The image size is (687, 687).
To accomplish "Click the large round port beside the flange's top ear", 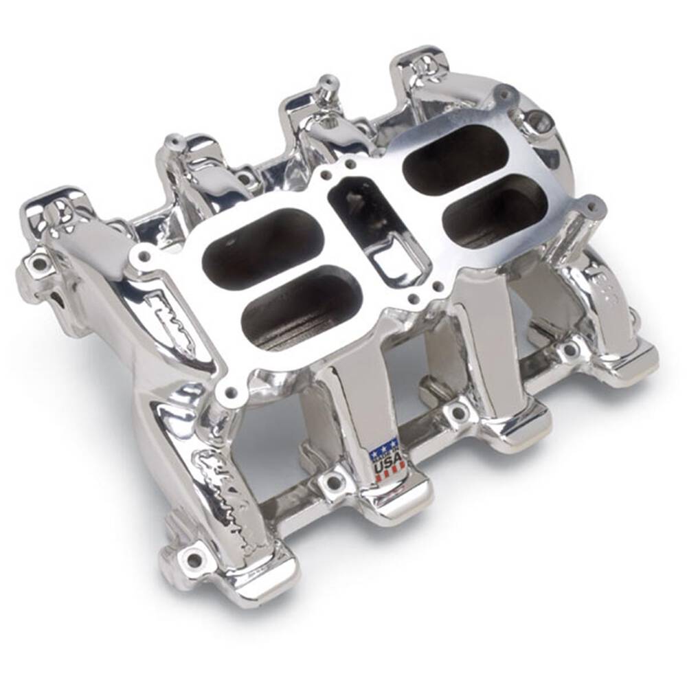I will pyautogui.click(x=540, y=123).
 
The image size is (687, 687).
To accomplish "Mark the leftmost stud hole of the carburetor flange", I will pyautogui.click(x=144, y=256).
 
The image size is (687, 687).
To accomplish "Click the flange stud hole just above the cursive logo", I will pyautogui.click(x=232, y=392).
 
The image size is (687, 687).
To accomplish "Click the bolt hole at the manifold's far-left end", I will pyautogui.click(x=38, y=262).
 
